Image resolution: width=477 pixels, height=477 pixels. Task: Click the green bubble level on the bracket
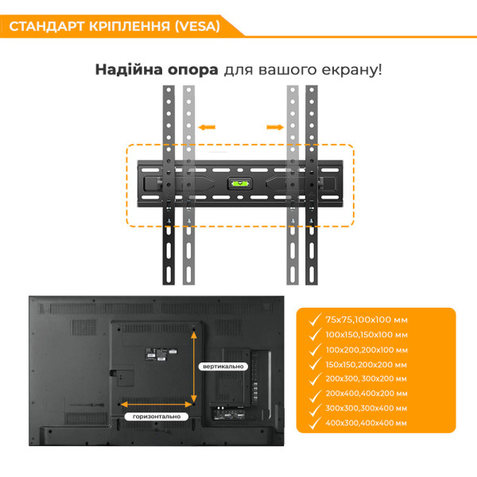[x=238, y=182]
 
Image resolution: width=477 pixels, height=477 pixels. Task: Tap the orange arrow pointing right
[x=274, y=126]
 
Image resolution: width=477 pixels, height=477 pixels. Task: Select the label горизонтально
[x=156, y=416]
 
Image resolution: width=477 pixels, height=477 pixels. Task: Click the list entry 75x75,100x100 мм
[x=366, y=319]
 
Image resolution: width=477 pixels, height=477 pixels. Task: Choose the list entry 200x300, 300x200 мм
[x=367, y=378]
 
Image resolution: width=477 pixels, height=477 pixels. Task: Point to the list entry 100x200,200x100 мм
[x=367, y=349]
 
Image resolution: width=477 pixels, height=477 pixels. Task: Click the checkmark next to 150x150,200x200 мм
[x=312, y=363]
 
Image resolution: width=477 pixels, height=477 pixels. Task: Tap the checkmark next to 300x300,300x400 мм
[x=312, y=407]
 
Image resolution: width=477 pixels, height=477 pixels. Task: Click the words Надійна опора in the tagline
[x=157, y=69]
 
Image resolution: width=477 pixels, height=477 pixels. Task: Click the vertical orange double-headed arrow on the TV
[x=193, y=365]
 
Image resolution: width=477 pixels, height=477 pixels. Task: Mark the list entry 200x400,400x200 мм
[x=367, y=393]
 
